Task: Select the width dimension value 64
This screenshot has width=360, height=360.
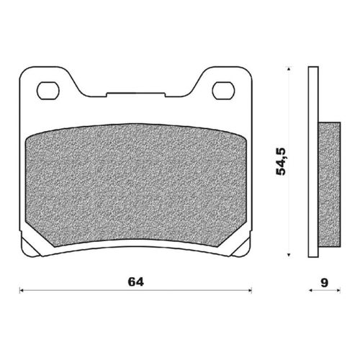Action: tap(135, 282)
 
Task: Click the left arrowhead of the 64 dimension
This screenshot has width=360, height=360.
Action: tap(22, 290)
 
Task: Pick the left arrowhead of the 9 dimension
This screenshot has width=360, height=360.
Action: tap(310, 290)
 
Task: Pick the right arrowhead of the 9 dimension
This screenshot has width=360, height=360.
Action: tap(338, 290)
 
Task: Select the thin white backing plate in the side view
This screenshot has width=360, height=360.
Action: tap(312, 162)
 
